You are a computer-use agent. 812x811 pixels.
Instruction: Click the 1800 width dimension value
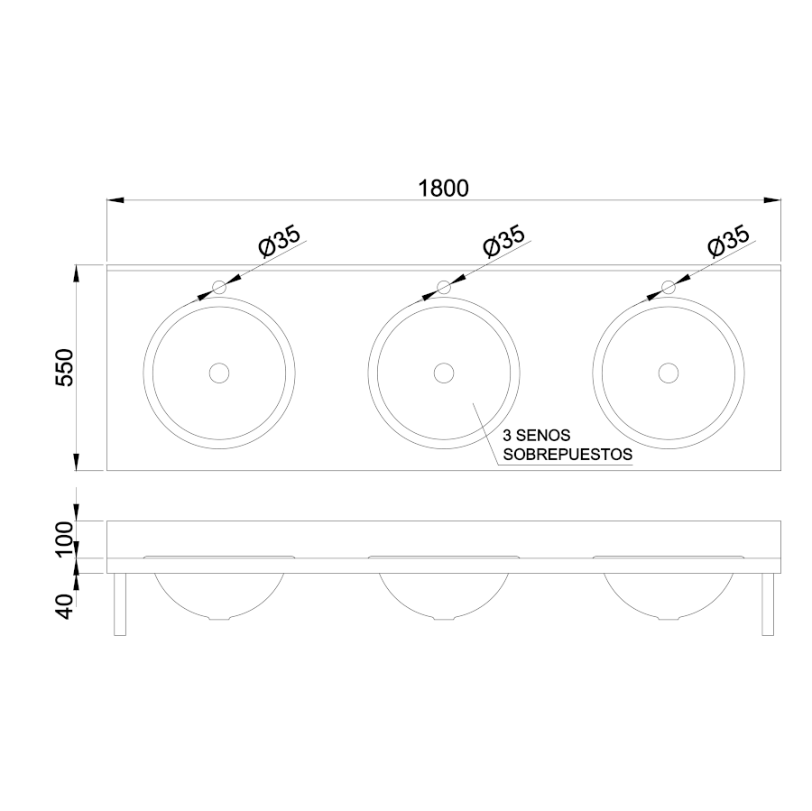[x=443, y=188]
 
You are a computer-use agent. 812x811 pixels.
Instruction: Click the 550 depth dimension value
[x=65, y=368]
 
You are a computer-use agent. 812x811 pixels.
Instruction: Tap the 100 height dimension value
[x=65, y=539]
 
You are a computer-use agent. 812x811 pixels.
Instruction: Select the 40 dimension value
[x=65, y=606]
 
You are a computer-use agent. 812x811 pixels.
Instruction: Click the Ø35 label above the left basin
[x=280, y=242]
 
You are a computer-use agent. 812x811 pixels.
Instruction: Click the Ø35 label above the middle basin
[x=503, y=242]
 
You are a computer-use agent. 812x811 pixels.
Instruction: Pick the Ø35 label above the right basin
[x=729, y=242]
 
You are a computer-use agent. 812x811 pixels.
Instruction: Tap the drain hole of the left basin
[x=219, y=373]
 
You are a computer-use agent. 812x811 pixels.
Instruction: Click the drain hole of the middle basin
[x=444, y=373]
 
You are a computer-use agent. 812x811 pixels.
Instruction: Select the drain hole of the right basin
[x=668, y=373]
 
